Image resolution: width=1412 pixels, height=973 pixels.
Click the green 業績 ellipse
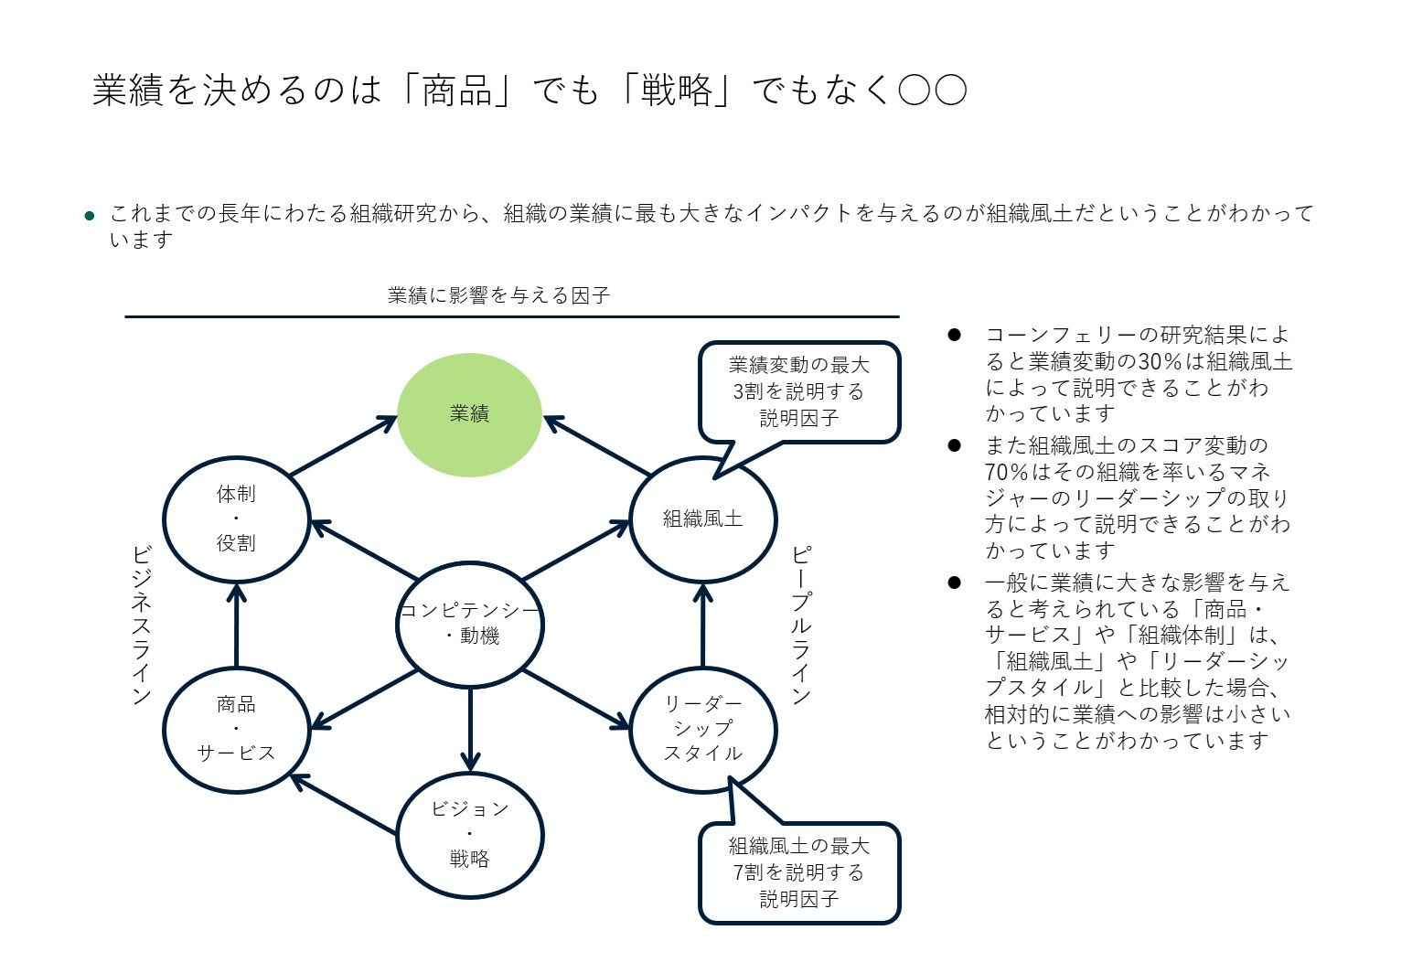pos(469,414)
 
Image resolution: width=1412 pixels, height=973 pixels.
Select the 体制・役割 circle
pos(236,519)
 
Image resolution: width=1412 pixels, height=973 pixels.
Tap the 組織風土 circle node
pos(702,519)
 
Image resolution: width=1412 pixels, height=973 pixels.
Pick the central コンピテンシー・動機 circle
pos(470,625)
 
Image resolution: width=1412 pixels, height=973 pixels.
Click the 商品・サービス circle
pos(236,729)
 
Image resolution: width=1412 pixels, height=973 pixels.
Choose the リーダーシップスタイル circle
pos(702,729)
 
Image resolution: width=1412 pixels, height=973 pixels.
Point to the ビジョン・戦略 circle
pos(470,834)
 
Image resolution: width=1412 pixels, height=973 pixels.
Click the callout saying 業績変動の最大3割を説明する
pos(799,391)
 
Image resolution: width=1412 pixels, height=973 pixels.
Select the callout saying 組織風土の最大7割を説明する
pos(799,872)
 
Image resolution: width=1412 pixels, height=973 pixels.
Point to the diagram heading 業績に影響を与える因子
pos(498,295)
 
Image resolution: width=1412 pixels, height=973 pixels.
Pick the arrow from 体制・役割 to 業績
pos(343,446)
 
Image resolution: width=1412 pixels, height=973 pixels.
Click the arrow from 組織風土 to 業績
pos(597,446)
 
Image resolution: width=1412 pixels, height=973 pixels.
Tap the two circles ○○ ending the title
pos(932,91)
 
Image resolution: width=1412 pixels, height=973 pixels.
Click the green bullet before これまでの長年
pos(90,216)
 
